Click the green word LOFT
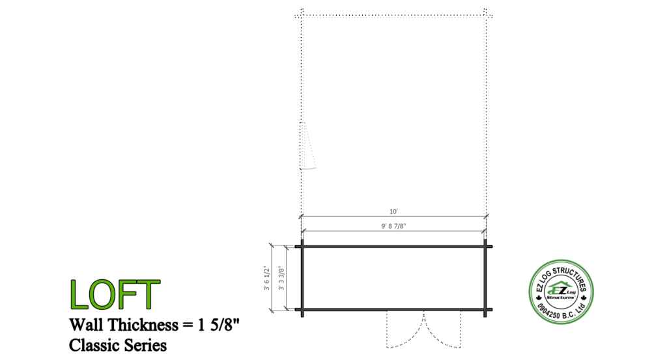coord(115,294)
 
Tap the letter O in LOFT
coord(100,294)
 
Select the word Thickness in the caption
coord(143,325)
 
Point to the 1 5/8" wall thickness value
coord(218,325)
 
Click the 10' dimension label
coord(393,211)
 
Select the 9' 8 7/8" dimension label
coord(393,226)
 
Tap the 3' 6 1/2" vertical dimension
coord(266,278)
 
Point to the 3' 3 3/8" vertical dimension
coord(281,278)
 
